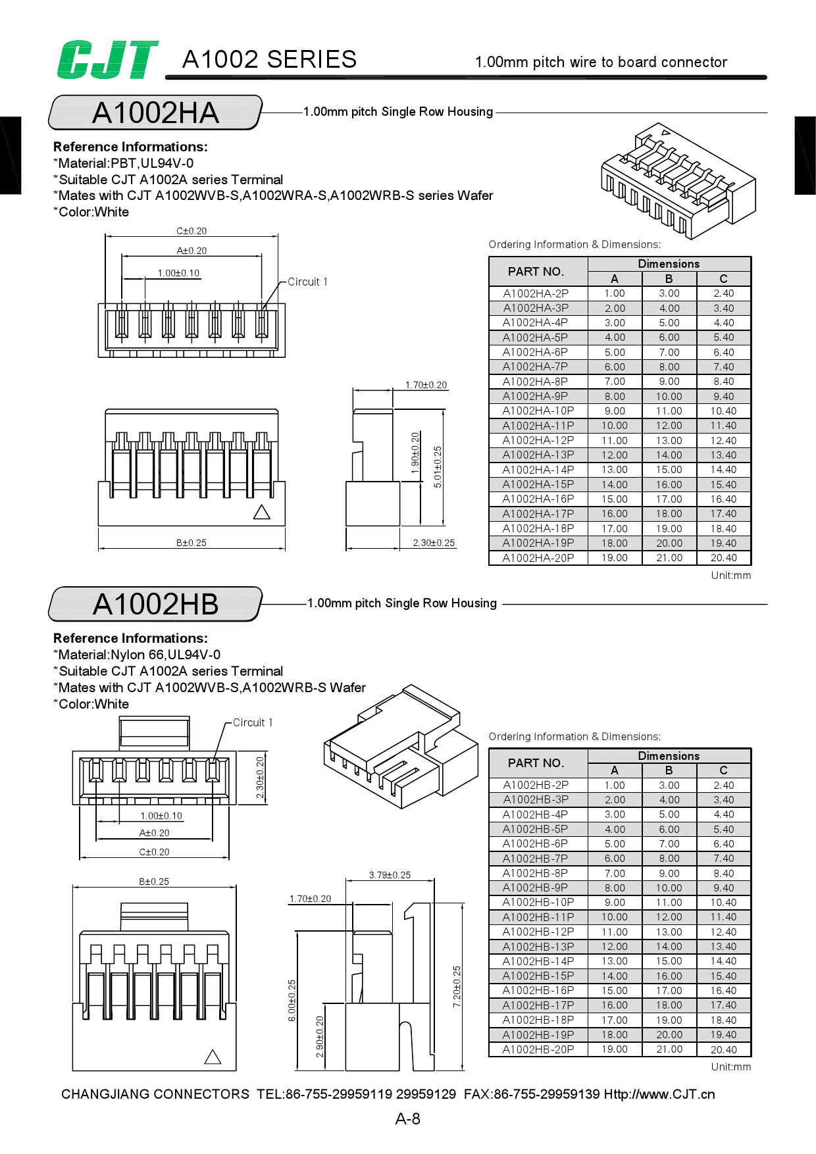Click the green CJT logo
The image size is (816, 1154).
pyautogui.click(x=107, y=60)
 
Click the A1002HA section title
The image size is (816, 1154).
pyautogui.click(x=155, y=113)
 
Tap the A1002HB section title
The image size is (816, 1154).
pyautogui.click(x=155, y=604)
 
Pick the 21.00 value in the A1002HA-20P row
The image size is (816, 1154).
pyautogui.click(x=669, y=558)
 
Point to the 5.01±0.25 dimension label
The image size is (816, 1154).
pyautogui.click(x=438, y=466)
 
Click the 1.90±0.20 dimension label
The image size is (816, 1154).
pyautogui.click(x=415, y=453)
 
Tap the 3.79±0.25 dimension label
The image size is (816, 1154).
pyautogui.click(x=390, y=875)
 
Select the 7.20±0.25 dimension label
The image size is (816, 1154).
pyautogui.click(x=457, y=986)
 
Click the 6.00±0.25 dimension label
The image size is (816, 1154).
pyautogui.click(x=292, y=1000)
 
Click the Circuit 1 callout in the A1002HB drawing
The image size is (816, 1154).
pyautogui.click(x=252, y=722)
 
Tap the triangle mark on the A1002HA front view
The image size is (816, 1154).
pyautogui.click(x=262, y=513)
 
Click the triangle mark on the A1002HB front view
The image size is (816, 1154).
pyautogui.click(x=213, y=1057)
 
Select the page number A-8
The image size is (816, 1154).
pyautogui.click(x=407, y=1118)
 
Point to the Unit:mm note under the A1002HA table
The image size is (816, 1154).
pyautogui.click(x=730, y=575)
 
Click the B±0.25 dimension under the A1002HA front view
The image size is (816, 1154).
pyautogui.click(x=191, y=543)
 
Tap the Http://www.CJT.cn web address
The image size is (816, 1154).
pyautogui.click(x=659, y=1094)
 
